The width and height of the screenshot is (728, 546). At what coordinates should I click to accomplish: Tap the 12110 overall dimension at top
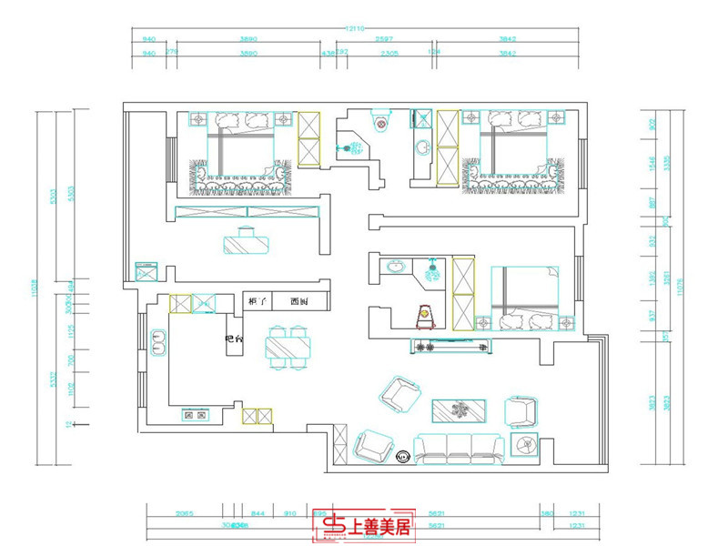[x=355, y=29]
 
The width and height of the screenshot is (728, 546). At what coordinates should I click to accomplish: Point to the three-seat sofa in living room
[x=459, y=447]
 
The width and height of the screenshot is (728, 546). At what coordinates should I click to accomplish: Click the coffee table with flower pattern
[x=461, y=411]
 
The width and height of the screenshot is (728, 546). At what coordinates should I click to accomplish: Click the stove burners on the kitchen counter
[x=195, y=416]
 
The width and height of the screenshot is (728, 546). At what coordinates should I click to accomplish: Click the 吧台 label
[x=234, y=339]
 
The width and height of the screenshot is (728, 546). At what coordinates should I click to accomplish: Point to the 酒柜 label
[x=298, y=301]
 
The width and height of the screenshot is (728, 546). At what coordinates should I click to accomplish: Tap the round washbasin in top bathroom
[x=422, y=147]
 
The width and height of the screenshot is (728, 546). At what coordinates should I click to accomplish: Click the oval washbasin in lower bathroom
[x=396, y=268]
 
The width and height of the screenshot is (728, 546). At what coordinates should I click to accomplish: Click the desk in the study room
[x=247, y=242]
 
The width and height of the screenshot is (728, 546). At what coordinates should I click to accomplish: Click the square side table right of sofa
[x=527, y=445]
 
